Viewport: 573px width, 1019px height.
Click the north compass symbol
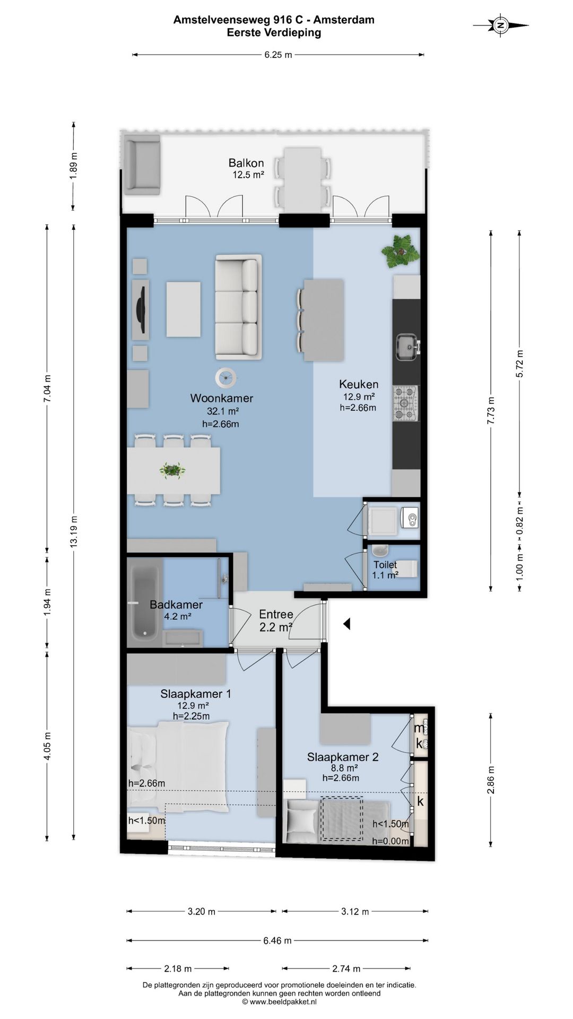500,24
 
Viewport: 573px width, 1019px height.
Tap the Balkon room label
246,163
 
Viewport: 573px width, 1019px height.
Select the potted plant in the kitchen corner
401,251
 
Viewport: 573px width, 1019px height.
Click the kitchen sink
407,347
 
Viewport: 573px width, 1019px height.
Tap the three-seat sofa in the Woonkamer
238,307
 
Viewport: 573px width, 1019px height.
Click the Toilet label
385,565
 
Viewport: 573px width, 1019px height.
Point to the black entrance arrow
346,624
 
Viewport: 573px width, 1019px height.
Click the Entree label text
276,614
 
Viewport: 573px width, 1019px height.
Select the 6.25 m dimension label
278,55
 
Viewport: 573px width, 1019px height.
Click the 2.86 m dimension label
491,780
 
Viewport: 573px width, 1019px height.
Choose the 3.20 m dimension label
202,912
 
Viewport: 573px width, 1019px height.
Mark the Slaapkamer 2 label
343,757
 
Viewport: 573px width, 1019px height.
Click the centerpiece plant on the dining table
172,470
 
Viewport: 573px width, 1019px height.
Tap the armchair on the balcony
142,165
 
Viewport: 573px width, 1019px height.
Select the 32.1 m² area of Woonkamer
223,411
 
